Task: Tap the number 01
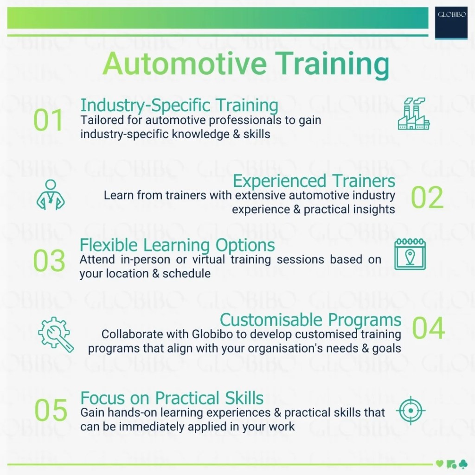coord(48,121)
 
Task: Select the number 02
coord(427,198)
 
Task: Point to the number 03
coord(49,261)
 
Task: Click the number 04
coord(428,328)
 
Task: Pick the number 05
coord(51,411)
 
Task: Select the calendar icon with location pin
coord(410,254)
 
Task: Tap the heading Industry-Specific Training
coord(179,105)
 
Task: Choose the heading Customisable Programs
coord(310,320)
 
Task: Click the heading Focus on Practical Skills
coord(172,398)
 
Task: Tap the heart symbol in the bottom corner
coord(439,463)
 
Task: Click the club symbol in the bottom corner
coord(462,463)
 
